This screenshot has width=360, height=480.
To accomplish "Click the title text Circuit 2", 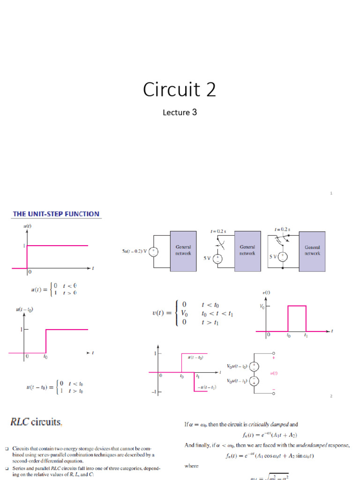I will tap(180, 90).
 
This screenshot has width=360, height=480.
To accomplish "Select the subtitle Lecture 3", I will tap(180, 112).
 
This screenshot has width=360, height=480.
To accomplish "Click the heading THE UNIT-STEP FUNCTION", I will tap(56, 214).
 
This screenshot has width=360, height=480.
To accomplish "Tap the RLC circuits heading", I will tap(36, 422).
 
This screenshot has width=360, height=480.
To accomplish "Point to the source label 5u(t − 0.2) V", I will tap(134, 251).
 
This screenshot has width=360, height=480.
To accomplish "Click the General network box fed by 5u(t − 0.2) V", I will tap(183, 250).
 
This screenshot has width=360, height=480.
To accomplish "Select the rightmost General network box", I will tap(312, 250).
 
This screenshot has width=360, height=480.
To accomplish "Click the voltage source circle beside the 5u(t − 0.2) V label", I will tap(154, 251).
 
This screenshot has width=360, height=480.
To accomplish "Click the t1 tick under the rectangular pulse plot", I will tap(306, 336).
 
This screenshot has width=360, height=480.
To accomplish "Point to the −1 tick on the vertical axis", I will tap(153, 392).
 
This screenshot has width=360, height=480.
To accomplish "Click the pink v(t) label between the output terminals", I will tap(274, 373).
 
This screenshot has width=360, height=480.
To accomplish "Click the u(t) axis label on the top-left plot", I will tap(27, 226).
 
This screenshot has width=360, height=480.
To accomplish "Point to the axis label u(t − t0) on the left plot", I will tap(25, 309).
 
